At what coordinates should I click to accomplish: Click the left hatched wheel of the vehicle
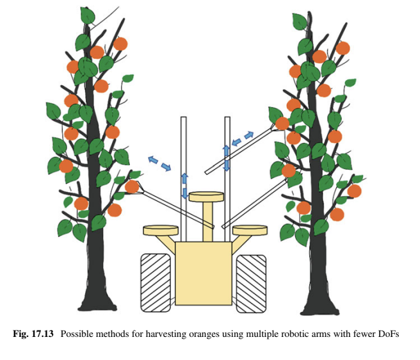pyautogui.click(x=156, y=282)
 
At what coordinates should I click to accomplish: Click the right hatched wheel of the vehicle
pyautogui.click(x=251, y=282)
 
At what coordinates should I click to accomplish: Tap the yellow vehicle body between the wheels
pyautogui.click(x=204, y=272)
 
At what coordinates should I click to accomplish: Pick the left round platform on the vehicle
pyautogui.click(x=160, y=229)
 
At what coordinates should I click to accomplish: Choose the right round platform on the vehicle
pyautogui.click(x=250, y=229)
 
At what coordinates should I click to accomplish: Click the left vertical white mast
pyautogui.click(x=183, y=147)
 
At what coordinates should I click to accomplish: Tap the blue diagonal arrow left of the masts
pyautogui.click(x=159, y=163)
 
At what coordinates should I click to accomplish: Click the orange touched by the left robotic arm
pyautogui.click(x=132, y=186)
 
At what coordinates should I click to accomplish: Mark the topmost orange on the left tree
pyautogui.click(x=120, y=44)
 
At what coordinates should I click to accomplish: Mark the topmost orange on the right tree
pyautogui.click(x=343, y=48)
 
